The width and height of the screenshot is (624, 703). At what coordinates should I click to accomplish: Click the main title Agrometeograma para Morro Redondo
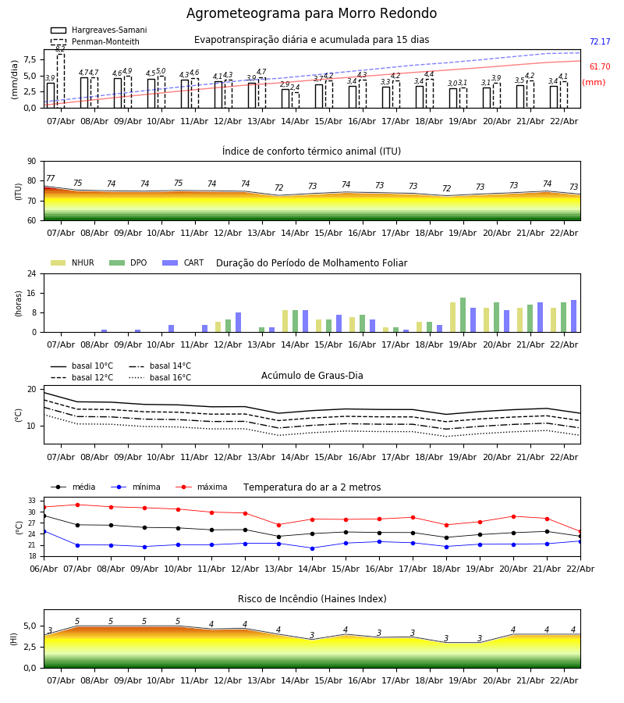click(311, 14)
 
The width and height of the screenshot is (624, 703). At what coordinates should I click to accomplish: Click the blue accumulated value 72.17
click(600, 42)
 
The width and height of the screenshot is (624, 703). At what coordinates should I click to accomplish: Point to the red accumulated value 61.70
click(600, 67)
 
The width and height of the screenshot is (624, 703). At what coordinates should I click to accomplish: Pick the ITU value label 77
click(51, 179)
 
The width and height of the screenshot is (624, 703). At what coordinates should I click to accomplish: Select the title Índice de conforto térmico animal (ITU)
click(311, 152)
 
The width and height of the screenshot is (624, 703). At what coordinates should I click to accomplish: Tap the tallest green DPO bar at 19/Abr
click(463, 315)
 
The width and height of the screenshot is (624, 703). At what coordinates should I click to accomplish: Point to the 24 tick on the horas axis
click(34, 274)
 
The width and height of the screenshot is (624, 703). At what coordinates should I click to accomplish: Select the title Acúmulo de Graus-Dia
click(312, 376)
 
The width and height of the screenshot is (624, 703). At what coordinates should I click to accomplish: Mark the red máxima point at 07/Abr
click(77, 505)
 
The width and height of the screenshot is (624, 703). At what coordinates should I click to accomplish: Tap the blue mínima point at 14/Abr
click(312, 548)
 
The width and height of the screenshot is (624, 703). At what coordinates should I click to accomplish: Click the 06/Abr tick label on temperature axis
click(44, 568)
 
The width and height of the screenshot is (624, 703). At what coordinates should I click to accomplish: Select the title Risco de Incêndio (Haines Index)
click(312, 599)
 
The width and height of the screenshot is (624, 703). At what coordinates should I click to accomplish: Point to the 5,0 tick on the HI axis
click(29, 626)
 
